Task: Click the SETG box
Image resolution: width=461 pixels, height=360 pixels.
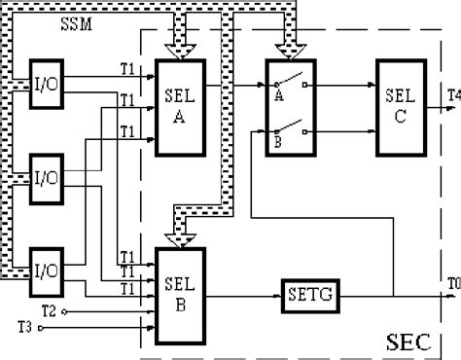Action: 310,292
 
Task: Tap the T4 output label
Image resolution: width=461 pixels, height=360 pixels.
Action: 453,94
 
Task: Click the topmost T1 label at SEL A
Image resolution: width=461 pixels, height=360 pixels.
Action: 125,69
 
